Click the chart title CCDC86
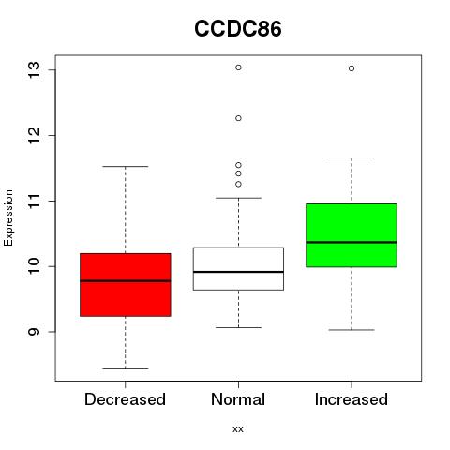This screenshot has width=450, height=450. click(x=238, y=29)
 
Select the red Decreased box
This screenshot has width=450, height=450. click(x=126, y=285)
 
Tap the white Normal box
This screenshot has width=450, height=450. click(x=238, y=269)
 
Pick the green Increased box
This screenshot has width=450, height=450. click(x=352, y=235)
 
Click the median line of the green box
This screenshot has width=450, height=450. click(x=352, y=242)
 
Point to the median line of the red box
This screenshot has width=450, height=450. click(x=126, y=281)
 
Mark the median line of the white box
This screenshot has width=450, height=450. click(x=238, y=272)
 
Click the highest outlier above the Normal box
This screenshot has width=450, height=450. click(x=238, y=67)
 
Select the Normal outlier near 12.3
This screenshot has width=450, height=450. click(x=238, y=118)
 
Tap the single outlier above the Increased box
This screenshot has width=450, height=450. click(x=352, y=68)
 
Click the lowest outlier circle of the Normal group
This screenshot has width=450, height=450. click(x=238, y=185)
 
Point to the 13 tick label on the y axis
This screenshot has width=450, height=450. click(x=34, y=70)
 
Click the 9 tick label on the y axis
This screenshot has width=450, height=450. click(x=34, y=332)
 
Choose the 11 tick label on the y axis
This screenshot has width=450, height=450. click(x=34, y=201)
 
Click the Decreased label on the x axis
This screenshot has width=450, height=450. click(x=125, y=399)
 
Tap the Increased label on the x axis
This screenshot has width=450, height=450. click(x=352, y=399)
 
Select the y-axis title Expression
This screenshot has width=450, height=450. click(x=8, y=217)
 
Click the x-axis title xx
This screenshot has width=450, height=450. click(x=238, y=429)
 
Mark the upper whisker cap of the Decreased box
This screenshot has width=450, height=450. click(x=126, y=167)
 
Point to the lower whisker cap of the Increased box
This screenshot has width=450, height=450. click(x=352, y=330)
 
